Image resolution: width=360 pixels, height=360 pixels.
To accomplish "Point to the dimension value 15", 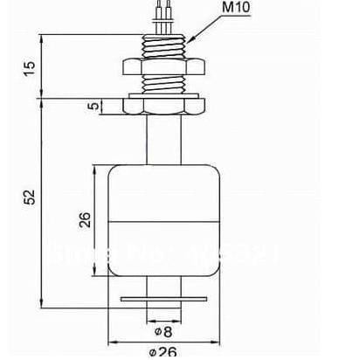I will point(31,67).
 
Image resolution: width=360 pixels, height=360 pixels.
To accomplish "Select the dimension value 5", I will point(93,107).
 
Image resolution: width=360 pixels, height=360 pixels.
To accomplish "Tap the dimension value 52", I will point(31,199).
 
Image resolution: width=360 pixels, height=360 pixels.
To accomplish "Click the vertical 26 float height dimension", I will point(85,219).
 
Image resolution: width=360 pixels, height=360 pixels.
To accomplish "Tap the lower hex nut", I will point(164,107).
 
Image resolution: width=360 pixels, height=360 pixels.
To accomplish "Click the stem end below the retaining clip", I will point(164,311).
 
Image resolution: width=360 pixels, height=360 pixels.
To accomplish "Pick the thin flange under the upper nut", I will point(164,91).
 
